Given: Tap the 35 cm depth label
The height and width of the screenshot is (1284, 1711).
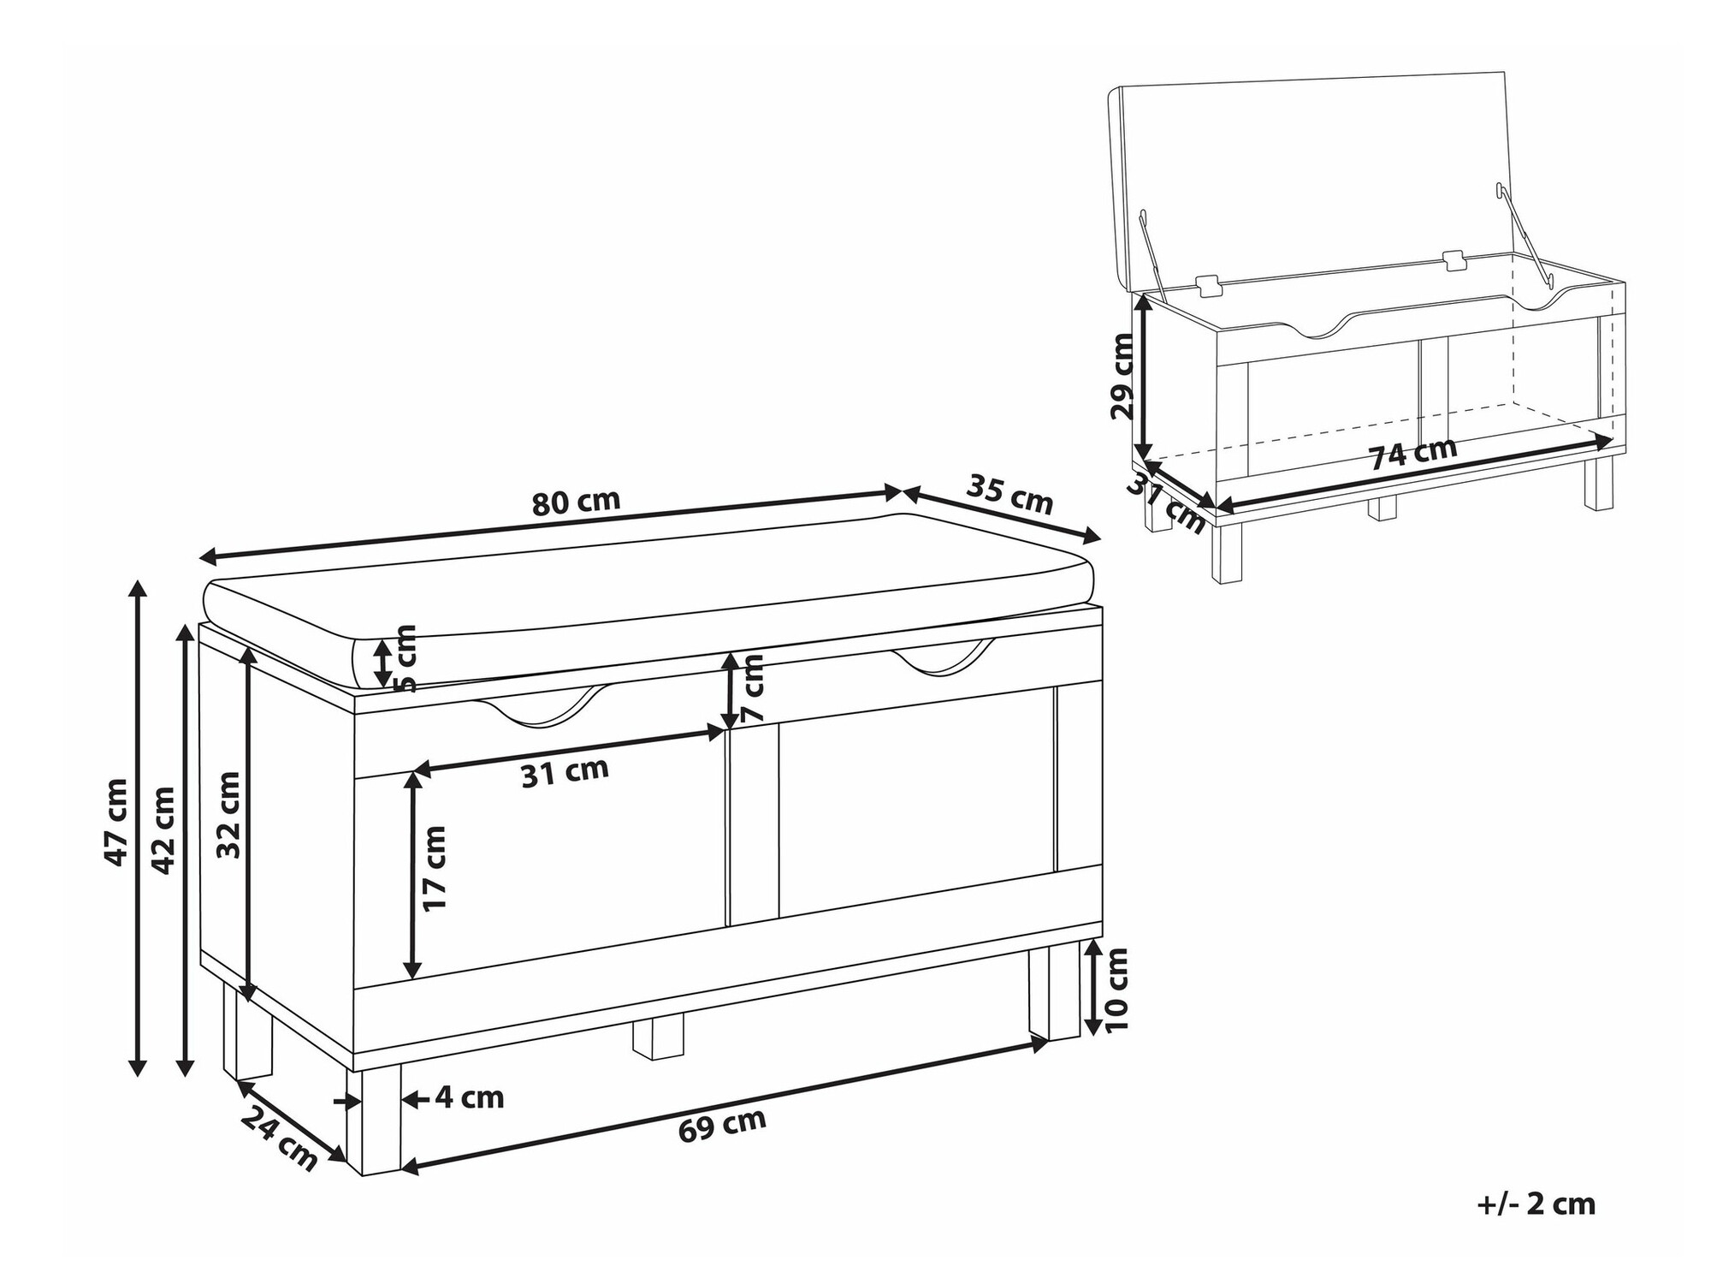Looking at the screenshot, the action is click(1009, 494).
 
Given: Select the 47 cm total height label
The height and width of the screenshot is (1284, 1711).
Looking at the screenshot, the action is click(115, 822).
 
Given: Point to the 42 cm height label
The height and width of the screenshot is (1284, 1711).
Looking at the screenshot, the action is click(163, 829).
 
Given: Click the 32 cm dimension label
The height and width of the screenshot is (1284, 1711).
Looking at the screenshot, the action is click(228, 814).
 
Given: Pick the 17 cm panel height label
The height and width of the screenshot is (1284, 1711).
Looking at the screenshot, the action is click(434, 868).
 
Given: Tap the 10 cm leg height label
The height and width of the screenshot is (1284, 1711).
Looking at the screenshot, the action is click(1116, 990).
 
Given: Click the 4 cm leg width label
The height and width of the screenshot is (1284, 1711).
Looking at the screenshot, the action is click(469, 1097).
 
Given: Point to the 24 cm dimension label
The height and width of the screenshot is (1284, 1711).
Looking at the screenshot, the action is click(278, 1138).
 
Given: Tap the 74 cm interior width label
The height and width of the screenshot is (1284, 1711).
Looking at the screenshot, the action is click(1413, 454).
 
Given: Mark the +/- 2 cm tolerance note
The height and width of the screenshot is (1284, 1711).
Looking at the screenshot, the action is click(1536, 1204).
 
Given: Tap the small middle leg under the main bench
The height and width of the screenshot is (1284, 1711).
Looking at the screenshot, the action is click(658, 1037).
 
